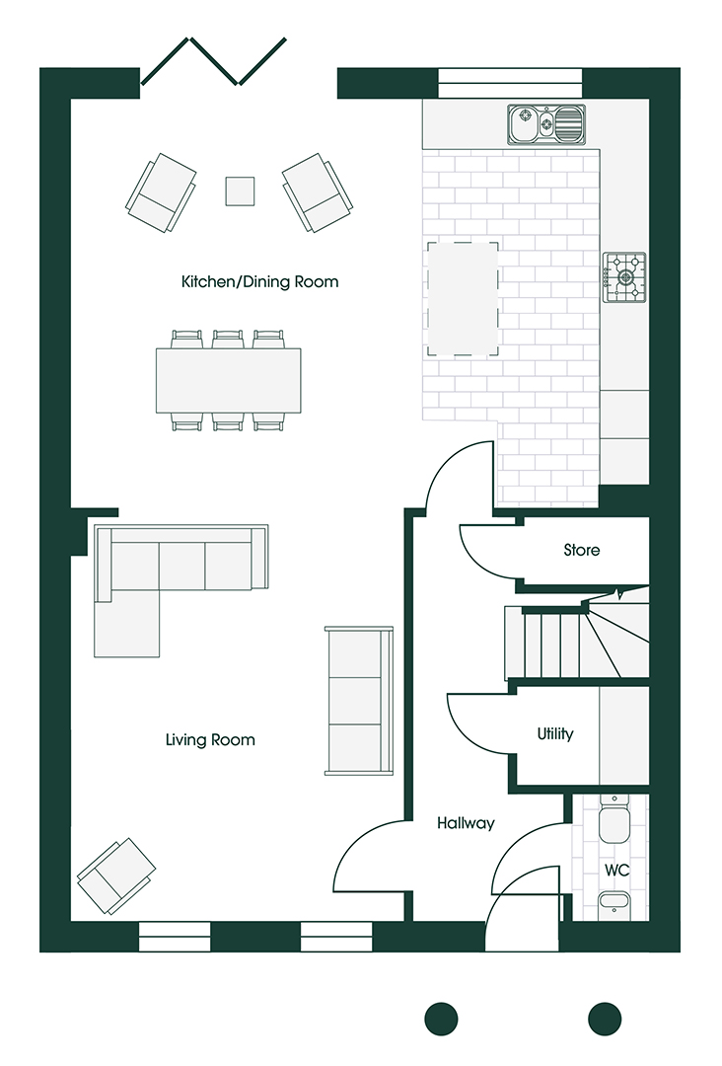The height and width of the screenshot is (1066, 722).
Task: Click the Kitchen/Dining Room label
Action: click(x=259, y=282)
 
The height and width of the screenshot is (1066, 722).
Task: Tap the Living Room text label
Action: click(x=210, y=739)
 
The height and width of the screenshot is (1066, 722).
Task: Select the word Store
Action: click(x=581, y=550)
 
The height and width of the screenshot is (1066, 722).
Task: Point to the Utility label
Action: click(x=554, y=734)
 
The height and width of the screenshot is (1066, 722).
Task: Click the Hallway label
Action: click(x=466, y=822)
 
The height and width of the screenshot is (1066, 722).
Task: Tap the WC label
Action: click(x=617, y=871)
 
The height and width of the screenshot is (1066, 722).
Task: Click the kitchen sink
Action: click(x=544, y=125)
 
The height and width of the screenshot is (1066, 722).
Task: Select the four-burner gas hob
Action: click(x=624, y=276)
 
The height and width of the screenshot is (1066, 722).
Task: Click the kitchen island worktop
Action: click(x=464, y=298)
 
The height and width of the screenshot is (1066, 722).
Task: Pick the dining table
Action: click(x=228, y=380)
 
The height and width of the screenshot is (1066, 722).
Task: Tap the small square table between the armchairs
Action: click(x=240, y=190)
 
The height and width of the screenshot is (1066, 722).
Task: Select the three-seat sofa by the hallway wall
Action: click(x=358, y=701)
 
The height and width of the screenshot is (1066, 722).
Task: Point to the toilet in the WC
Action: click(x=615, y=821)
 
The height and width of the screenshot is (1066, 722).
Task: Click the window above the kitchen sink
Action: click(x=509, y=83)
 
